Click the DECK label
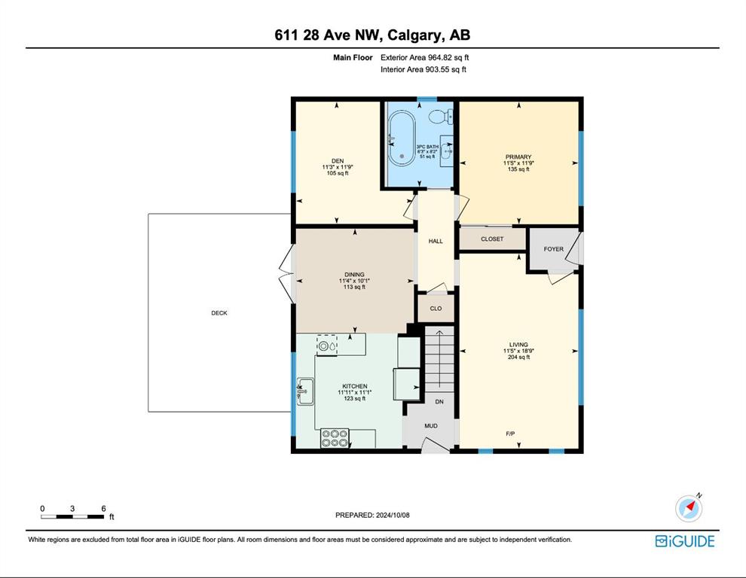click(x=219, y=313)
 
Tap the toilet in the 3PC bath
click(x=441, y=116)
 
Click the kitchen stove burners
click(x=335, y=438)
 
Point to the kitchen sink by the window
click(x=305, y=391)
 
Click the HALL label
click(x=436, y=241)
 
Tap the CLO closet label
click(x=436, y=309)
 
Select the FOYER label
click(x=553, y=248)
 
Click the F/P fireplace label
click(x=510, y=433)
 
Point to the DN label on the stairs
click(x=439, y=402)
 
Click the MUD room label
click(x=430, y=426)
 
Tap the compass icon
click(x=689, y=507)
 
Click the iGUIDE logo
click(x=685, y=541)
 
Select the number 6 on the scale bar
click(x=103, y=508)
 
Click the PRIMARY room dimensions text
click(x=518, y=163)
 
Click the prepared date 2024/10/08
click(x=393, y=515)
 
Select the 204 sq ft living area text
click(x=518, y=357)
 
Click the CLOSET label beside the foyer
click(x=492, y=239)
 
